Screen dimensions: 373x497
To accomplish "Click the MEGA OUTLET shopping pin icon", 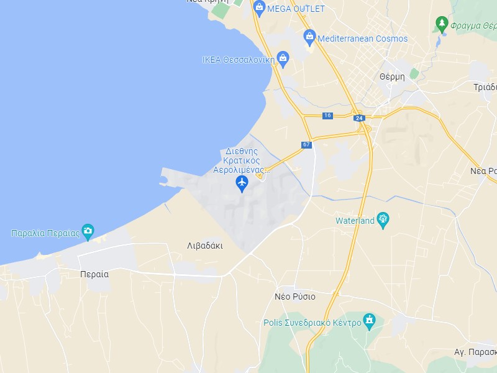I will point(259,7).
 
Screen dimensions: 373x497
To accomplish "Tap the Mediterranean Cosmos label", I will point(363,39).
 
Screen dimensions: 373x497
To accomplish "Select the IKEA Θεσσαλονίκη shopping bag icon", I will point(283,60).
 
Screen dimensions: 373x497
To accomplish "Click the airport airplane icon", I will point(242,183).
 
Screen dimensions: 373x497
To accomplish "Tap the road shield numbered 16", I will point(328,116).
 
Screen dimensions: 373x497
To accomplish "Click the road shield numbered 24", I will point(358,117).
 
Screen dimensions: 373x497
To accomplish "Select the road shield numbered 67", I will point(306,145).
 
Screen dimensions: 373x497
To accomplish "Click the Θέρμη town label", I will point(392,76).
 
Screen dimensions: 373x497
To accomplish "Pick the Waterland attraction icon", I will point(383,219).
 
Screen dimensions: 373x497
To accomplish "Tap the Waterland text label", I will point(355,221).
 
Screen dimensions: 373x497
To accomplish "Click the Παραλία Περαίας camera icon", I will point(88,231).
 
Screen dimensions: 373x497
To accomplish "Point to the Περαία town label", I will point(94,274).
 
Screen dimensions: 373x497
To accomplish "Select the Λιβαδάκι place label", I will point(205,246).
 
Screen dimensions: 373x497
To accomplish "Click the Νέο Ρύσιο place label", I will point(295,297).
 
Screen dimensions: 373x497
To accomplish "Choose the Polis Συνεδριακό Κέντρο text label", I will point(312,323).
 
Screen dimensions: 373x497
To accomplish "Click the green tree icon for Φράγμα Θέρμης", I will point(442,24).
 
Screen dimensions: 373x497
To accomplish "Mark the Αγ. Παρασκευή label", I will point(476,352).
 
